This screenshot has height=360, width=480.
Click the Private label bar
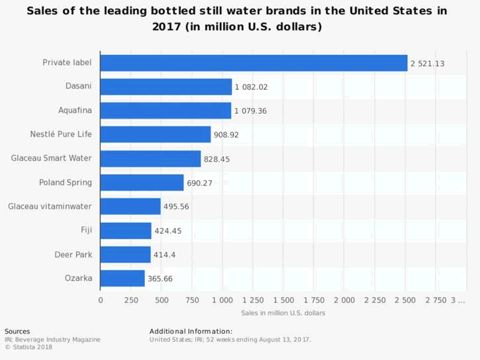pos(254,63)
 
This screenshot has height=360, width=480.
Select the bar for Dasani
pos(166,87)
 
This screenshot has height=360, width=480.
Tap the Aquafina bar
pos(166,111)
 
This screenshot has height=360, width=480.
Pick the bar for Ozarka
pos(122,278)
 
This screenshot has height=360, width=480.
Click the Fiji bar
pos(126,230)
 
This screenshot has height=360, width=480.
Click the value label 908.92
pos(226,135)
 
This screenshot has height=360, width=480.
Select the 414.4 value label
pos(164,255)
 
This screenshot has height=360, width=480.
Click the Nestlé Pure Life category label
pos(61,134)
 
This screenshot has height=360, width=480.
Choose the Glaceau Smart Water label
pos(52,158)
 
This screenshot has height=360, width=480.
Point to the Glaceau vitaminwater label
pos(50,206)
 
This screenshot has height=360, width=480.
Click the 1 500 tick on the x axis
pos(283,300)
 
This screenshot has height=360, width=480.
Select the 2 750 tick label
pos(436,300)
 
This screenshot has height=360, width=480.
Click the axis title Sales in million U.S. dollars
pos(283,312)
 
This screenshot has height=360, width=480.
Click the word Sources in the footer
pos(17,331)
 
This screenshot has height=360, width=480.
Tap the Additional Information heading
pos(191,331)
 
